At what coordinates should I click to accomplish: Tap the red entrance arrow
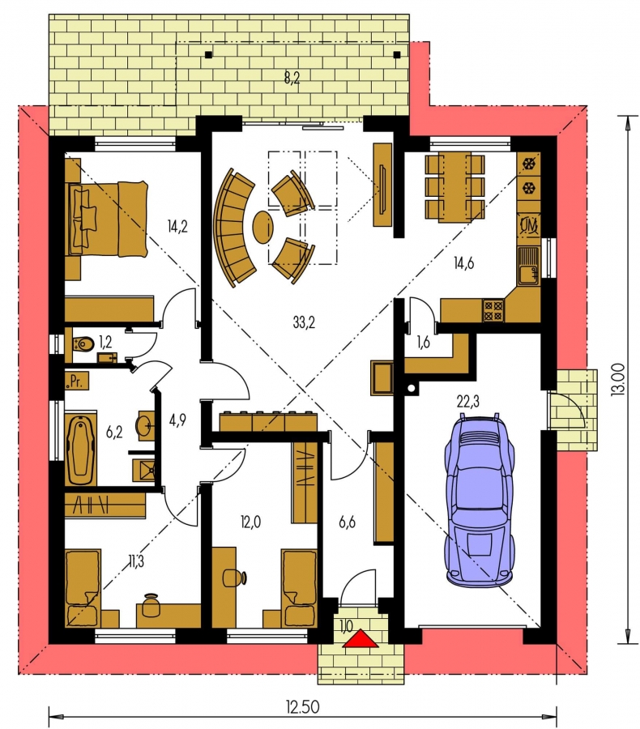(361, 639)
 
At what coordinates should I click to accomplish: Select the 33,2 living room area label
(304, 322)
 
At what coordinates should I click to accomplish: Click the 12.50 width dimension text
(302, 707)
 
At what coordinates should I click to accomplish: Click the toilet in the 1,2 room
(83, 344)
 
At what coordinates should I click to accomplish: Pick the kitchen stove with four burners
(493, 310)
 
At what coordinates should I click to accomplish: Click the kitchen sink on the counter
(529, 266)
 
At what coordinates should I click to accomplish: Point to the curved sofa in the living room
(234, 226)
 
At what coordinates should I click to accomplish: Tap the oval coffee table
(262, 227)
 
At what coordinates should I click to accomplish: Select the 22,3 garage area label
(468, 401)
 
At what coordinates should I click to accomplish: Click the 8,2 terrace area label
(292, 78)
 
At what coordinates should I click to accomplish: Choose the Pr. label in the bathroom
(75, 382)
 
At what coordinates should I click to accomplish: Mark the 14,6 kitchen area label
(463, 263)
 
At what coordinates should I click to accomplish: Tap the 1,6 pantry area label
(423, 342)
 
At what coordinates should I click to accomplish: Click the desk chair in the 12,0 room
(235, 578)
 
